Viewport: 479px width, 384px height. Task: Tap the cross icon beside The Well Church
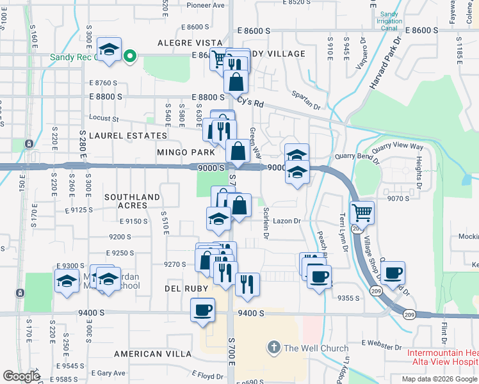(x=273, y=348)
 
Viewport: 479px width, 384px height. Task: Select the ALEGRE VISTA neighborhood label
(x=190, y=42)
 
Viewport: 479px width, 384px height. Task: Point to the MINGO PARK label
(x=186, y=152)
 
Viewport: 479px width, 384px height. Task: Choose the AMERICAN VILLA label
(x=152, y=353)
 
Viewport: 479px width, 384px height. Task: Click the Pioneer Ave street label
(x=206, y=5)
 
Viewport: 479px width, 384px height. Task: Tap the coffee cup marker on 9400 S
(x=203, y=311)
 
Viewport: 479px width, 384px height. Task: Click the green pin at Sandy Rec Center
(x=130, y=56)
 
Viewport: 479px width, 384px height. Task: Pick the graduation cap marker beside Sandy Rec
(x=110, y=49)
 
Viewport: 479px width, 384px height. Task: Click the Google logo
(x=21, y=376)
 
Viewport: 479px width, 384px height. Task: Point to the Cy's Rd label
(x=250, y=102)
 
